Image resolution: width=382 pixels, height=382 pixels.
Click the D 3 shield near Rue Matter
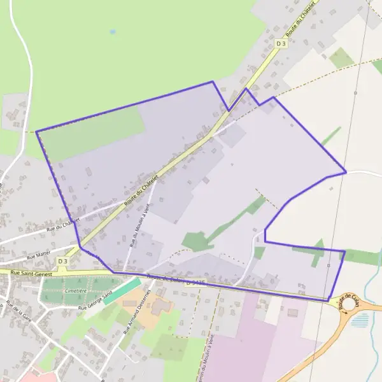[x=62, y=261]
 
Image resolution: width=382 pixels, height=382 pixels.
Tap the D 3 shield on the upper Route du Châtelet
[x=281, y=43]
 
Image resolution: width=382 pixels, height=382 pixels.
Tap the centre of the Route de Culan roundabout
[x=349, y=303]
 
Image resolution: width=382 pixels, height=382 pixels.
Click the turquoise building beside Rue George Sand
[x=122, y=291]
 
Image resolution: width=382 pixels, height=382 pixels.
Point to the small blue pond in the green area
[x=113, y=31]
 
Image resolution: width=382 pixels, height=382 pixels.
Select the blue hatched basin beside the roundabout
[x=360, y=320]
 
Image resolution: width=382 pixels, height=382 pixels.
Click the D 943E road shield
[x=197, y=284]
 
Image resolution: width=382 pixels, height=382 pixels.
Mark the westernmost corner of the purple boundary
[x=36, y=132]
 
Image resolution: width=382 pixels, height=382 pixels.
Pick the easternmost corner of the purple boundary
[x=346, y=172]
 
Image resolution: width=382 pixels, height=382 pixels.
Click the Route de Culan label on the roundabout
[x=349, y=301]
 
